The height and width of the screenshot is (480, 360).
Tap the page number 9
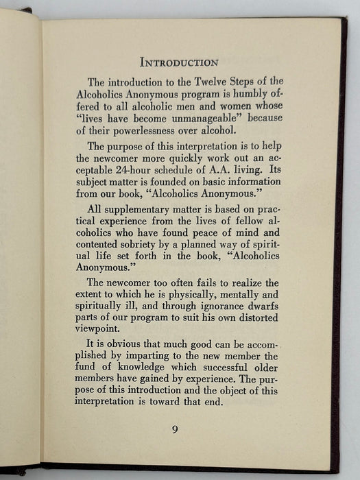point(176,430)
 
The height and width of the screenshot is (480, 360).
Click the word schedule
point(208,169)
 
